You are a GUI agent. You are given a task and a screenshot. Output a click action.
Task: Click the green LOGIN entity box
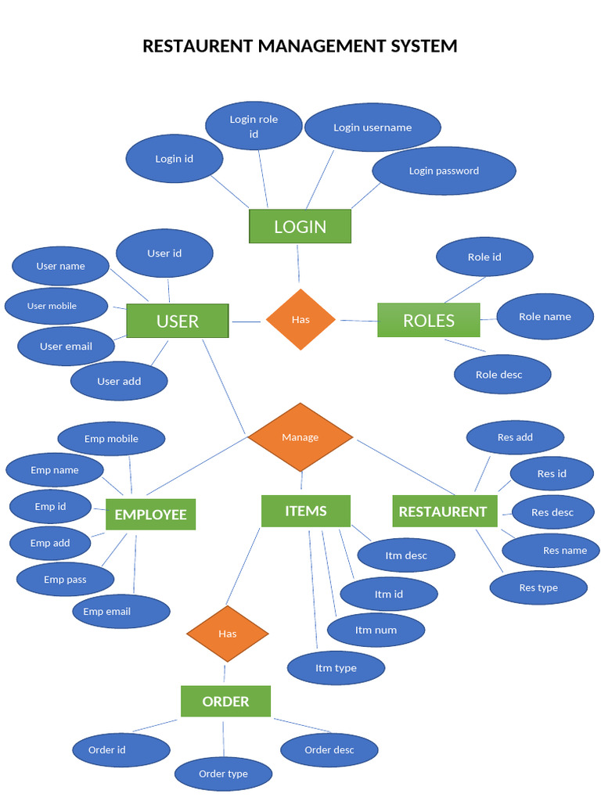point(300,227)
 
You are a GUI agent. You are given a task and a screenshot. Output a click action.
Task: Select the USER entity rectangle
point(178,321)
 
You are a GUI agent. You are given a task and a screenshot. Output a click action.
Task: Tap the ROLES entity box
point(428,321)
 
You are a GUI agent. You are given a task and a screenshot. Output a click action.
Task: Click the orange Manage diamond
point(300,437)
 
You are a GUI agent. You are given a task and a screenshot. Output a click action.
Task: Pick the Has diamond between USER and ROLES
point(300,319)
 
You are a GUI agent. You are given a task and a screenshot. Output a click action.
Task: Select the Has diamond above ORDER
point(227,634)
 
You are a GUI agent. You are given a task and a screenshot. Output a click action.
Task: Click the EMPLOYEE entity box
point(150,515)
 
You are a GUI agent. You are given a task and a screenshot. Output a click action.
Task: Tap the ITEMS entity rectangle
point(305,511)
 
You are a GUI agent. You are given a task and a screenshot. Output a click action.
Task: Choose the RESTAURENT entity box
point(443,512)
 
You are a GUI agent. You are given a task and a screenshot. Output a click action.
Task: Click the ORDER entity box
point(225,702)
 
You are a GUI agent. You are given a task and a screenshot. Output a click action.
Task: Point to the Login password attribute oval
point(444,171)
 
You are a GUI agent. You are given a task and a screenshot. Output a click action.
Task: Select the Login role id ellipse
point(254,127)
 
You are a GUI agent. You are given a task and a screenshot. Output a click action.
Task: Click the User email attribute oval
point(66,347)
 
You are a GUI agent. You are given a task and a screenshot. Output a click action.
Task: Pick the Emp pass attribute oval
point(65,580)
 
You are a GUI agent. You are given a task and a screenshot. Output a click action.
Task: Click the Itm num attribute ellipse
point(376,630)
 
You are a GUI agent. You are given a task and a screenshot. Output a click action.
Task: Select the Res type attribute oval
point(538,588)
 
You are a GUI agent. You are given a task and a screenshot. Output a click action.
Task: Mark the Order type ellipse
point(223,774)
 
